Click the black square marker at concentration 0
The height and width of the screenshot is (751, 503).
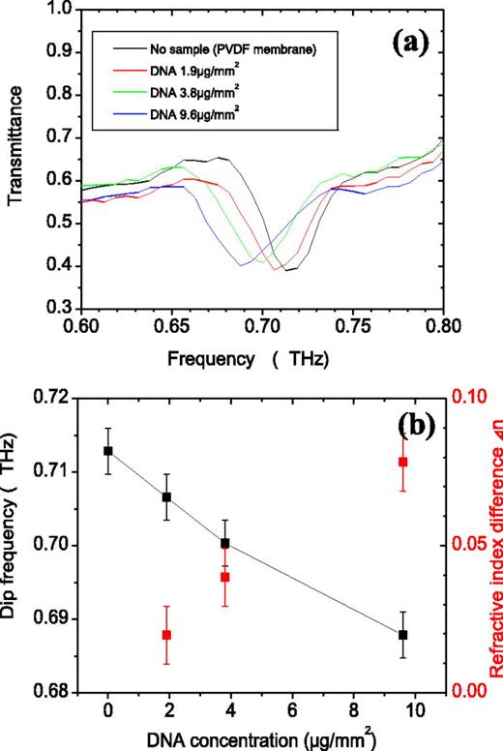click(x=108, y=451)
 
